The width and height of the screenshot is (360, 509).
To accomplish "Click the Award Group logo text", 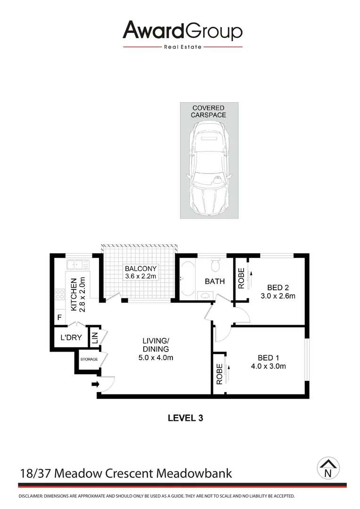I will click(182, 31).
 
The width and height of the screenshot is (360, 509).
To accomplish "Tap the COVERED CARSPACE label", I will click(208, 111).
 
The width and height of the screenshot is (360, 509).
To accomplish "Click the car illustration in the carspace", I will click(208, 170).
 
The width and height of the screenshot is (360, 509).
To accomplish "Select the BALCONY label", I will click(140, 269).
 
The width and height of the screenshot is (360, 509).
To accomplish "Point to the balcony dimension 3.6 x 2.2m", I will click(140, 276).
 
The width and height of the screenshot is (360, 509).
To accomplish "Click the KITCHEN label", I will click(74, 295).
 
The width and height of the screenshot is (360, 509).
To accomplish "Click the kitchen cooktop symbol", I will click(60, 295).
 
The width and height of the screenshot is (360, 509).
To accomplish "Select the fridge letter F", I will click(59, 318).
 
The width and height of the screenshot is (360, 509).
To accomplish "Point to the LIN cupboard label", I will click(94, 338).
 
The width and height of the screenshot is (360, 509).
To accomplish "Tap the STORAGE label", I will click(89, 360).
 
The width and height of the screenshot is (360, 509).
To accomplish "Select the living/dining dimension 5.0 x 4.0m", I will click(156, 357).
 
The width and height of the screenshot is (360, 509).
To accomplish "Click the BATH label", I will click(214, 281).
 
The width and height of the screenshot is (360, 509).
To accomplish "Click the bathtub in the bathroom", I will click(187, 279).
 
